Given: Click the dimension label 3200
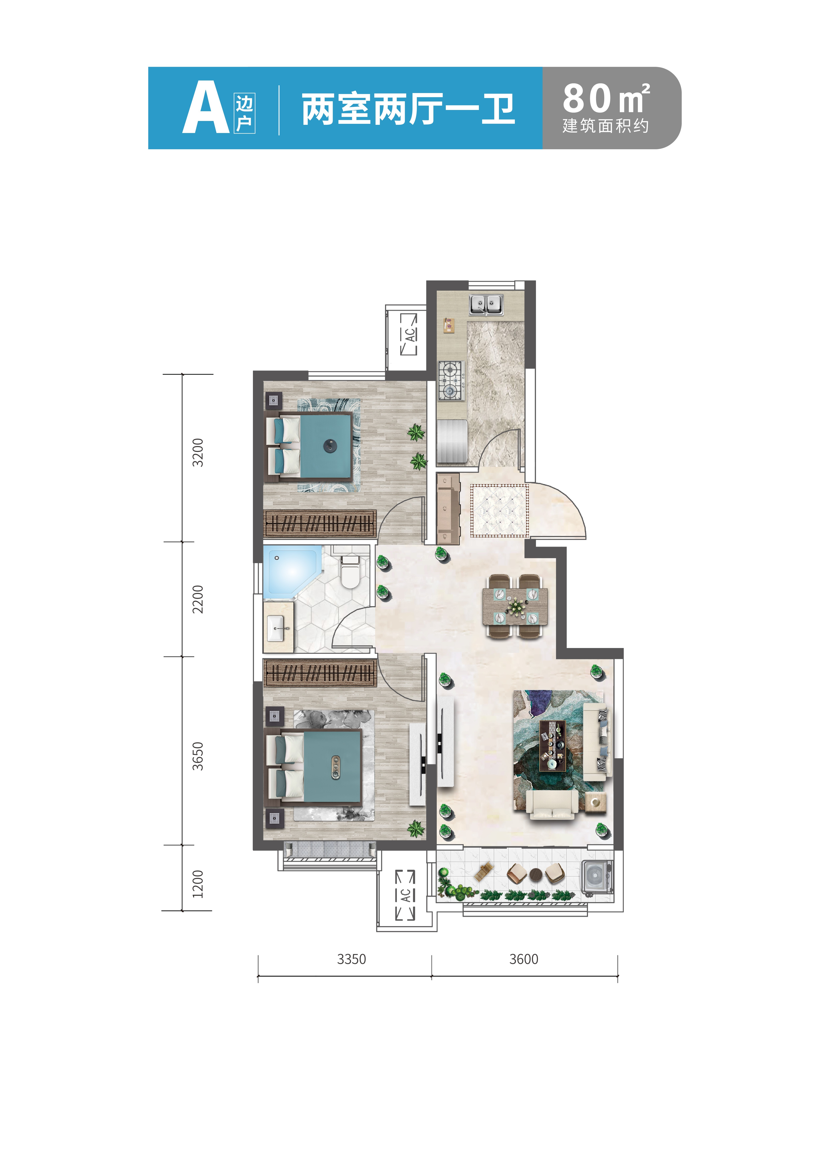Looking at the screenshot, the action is [198, 452].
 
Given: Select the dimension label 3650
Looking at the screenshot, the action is [198, 756].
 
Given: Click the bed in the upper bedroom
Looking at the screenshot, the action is [309, 447].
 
